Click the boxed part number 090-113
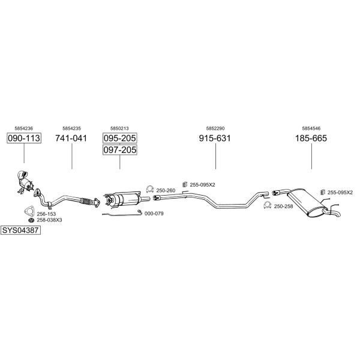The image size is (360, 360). (24, 138)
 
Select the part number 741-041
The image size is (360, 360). (71, 138)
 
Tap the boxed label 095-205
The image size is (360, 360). (120, 138)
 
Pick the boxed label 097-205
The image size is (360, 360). (120, 149)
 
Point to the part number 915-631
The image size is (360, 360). (215, 138)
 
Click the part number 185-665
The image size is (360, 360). (311, 138)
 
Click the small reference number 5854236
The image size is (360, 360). (24, 128)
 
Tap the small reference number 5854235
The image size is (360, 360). (71, 128)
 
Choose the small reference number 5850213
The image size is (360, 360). (119, 128)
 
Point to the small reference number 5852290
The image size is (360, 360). (215, 128)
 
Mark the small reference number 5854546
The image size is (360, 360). (311, 128)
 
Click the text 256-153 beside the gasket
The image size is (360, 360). (46, 214)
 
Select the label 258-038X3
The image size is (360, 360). (50, 220)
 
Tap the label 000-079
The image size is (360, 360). (154, 213)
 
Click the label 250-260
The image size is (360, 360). (166, 190)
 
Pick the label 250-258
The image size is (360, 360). (283, 206)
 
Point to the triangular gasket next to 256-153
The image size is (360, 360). (26, 211)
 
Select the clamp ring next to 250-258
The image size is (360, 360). (268, 206)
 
